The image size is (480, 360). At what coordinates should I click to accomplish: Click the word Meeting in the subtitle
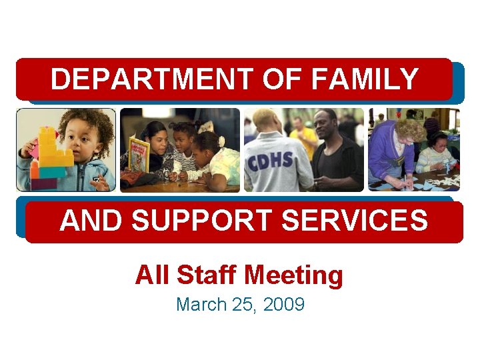293,275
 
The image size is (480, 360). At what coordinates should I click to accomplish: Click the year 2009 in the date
284,305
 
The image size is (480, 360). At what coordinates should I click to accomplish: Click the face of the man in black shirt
327,127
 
